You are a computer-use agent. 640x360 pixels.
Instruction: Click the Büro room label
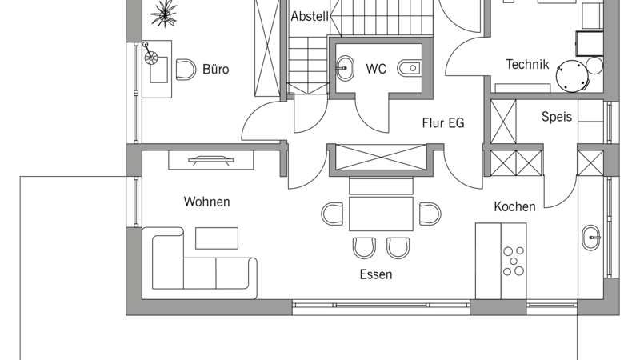pyautogui.click(x=215, y=69)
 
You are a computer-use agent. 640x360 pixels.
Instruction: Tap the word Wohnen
pyautogui.click(x=206, y=202)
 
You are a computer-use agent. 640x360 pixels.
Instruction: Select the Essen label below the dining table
pyautogui.click(x=376, y=274)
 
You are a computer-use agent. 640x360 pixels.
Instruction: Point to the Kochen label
pyautogui.click(x=514, y=206)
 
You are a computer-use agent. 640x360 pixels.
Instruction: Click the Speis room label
pyautogui.click(x=556, y=117)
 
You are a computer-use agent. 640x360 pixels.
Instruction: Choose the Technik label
pyautogui.click(x=527, y=65)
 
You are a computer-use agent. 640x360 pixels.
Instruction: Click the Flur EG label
pyautogui.click(x=443, y=123)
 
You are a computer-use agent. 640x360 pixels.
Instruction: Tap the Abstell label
pyautogui.click(x=310, y=16)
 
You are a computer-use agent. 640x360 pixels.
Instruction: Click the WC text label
pyautogui.click(x=376, y=69)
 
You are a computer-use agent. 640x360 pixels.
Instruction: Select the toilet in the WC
pyautogui.click(x=409, y=68)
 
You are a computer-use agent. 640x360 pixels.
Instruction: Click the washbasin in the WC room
pyautogui.click(x=346, y=68)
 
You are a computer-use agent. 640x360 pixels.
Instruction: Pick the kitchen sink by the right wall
pyautogui.click(x=590, y=238)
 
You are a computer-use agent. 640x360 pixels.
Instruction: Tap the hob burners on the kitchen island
pyautogui.click(x=514, y=261)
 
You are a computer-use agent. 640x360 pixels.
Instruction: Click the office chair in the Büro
pyautogui.click(x=186, y=70)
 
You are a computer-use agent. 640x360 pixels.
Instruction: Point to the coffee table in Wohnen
pyautogui.click(x=217, y=238)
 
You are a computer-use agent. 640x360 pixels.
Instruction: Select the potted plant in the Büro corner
pyautogui.click(x=164, y=14)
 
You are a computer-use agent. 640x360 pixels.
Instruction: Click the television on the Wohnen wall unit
pyautogui.click(x=211, y=160)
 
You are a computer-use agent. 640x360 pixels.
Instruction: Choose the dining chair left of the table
pyautogui.click(x=332, y=214)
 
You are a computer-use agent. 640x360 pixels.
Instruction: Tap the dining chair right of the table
pyautogui.click(x=430, y=214)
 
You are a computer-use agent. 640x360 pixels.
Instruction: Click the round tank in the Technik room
pyautogui.click(x=572, y=76)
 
